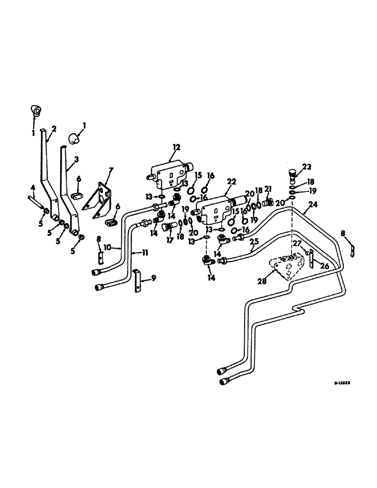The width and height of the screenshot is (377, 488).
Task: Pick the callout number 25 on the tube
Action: [x=254, y=241]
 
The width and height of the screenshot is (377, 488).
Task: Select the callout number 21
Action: [x=269, y=189]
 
